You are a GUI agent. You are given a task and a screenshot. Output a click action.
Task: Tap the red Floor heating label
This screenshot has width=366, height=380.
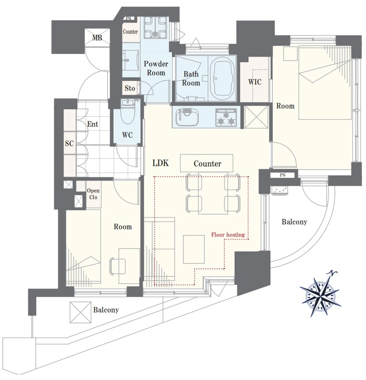coord(228,234)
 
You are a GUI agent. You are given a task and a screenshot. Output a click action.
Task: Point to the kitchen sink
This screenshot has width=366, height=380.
coord(187,117)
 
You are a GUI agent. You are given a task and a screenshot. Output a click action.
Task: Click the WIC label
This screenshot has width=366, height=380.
coord(255,82)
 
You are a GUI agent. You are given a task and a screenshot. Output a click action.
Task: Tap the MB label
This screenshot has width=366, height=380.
coord(97,38)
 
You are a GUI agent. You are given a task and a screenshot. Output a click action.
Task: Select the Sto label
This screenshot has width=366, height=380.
coord(130,88)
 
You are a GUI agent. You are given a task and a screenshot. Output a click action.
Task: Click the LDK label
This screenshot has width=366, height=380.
coord(160,163)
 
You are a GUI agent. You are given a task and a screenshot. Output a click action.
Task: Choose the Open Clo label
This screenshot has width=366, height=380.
coord(93,194)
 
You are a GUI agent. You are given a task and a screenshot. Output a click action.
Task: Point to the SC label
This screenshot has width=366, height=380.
coord(69,143)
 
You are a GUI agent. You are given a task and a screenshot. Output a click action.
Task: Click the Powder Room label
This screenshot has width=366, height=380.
coord(156,68)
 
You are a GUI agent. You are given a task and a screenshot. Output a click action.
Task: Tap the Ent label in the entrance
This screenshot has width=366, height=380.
coord(92,124)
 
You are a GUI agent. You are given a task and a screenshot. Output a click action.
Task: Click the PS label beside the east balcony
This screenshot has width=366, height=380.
coord(282,175)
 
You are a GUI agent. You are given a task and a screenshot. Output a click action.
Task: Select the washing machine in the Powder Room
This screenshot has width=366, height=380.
coord(155,27)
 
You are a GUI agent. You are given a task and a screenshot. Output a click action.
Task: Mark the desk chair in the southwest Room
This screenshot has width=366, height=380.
coord(117,266)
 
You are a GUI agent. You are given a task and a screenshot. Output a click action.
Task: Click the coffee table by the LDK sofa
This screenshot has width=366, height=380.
coord(194,249)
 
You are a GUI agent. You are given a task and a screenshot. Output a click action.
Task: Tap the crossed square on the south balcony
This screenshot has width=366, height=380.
coord(80,312)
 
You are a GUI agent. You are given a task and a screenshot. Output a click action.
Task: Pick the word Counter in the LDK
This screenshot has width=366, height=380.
coord(207,164)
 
